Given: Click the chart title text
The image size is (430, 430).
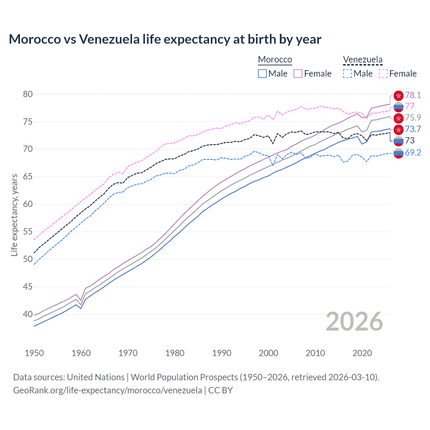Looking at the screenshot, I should (165, 39).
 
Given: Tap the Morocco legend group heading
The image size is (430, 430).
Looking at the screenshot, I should (275, 59).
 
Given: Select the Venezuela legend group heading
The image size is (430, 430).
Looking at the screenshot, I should (362, 59).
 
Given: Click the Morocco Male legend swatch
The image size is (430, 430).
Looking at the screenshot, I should (262, 74).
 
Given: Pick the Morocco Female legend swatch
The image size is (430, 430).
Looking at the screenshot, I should (298, 74).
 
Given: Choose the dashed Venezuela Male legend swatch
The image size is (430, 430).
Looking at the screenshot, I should (347, 74).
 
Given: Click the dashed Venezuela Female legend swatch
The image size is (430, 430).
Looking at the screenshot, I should (383, 74).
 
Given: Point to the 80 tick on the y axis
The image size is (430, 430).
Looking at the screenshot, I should (28, 94).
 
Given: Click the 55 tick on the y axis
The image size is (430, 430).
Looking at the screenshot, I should (28, 232).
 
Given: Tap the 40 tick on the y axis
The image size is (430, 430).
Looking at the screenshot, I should (28, 314).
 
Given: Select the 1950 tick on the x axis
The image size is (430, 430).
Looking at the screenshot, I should (34, 353).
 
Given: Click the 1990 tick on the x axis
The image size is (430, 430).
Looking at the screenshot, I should (222, 353).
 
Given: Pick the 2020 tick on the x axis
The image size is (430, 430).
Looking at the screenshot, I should (362, 353).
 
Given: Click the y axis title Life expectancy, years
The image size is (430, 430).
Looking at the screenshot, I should (14, 215).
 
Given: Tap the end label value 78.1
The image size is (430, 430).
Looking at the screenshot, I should (413, 95).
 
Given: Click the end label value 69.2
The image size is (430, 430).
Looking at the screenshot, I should (413, 153).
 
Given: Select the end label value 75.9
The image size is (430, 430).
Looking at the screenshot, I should (413, 118).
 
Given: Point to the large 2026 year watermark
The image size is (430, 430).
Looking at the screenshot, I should (354, 321).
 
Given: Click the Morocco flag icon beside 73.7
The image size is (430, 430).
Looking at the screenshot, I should (398, 129).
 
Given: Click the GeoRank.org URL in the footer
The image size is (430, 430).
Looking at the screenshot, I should (107, 390).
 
